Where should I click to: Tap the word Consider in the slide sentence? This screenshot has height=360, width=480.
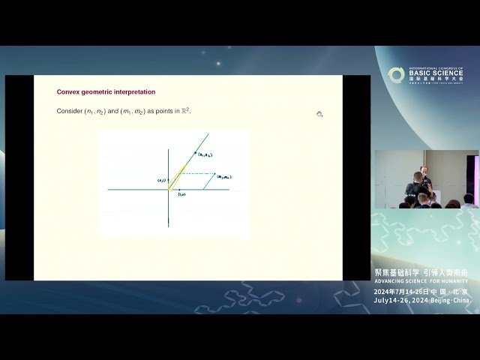tap(70, 111)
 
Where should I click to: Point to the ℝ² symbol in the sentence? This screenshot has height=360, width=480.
tap(184, 110)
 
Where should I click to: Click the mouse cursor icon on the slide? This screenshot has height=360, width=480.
tap(319, 114)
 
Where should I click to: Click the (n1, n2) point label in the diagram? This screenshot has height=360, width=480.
tap(205, 154)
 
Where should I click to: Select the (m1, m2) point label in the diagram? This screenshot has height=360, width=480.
tap(224, 176)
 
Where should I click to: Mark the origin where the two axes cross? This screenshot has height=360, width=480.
tap(169, 189)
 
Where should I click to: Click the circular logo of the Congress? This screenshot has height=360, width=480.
tap(396, 75)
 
